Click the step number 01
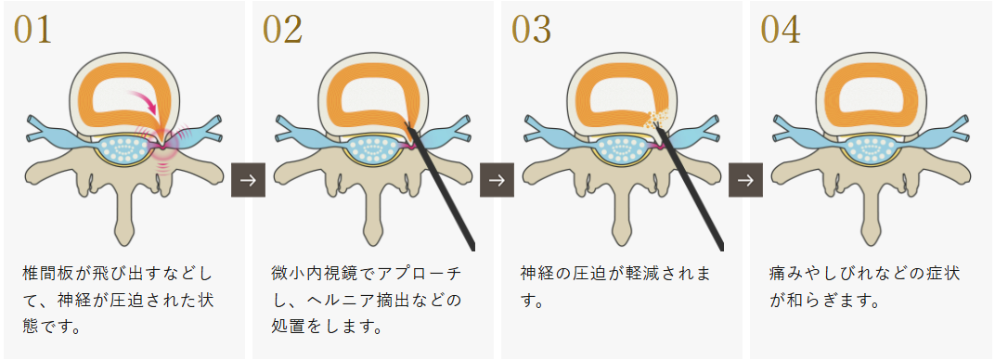click(x=32, y=31)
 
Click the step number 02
click(x=282, y=31)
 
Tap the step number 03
click(x=531, y=31)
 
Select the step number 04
click(x=780, y=31)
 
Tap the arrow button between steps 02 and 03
click(x=497, y=179)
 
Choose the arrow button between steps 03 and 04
click(x=746, y=179)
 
